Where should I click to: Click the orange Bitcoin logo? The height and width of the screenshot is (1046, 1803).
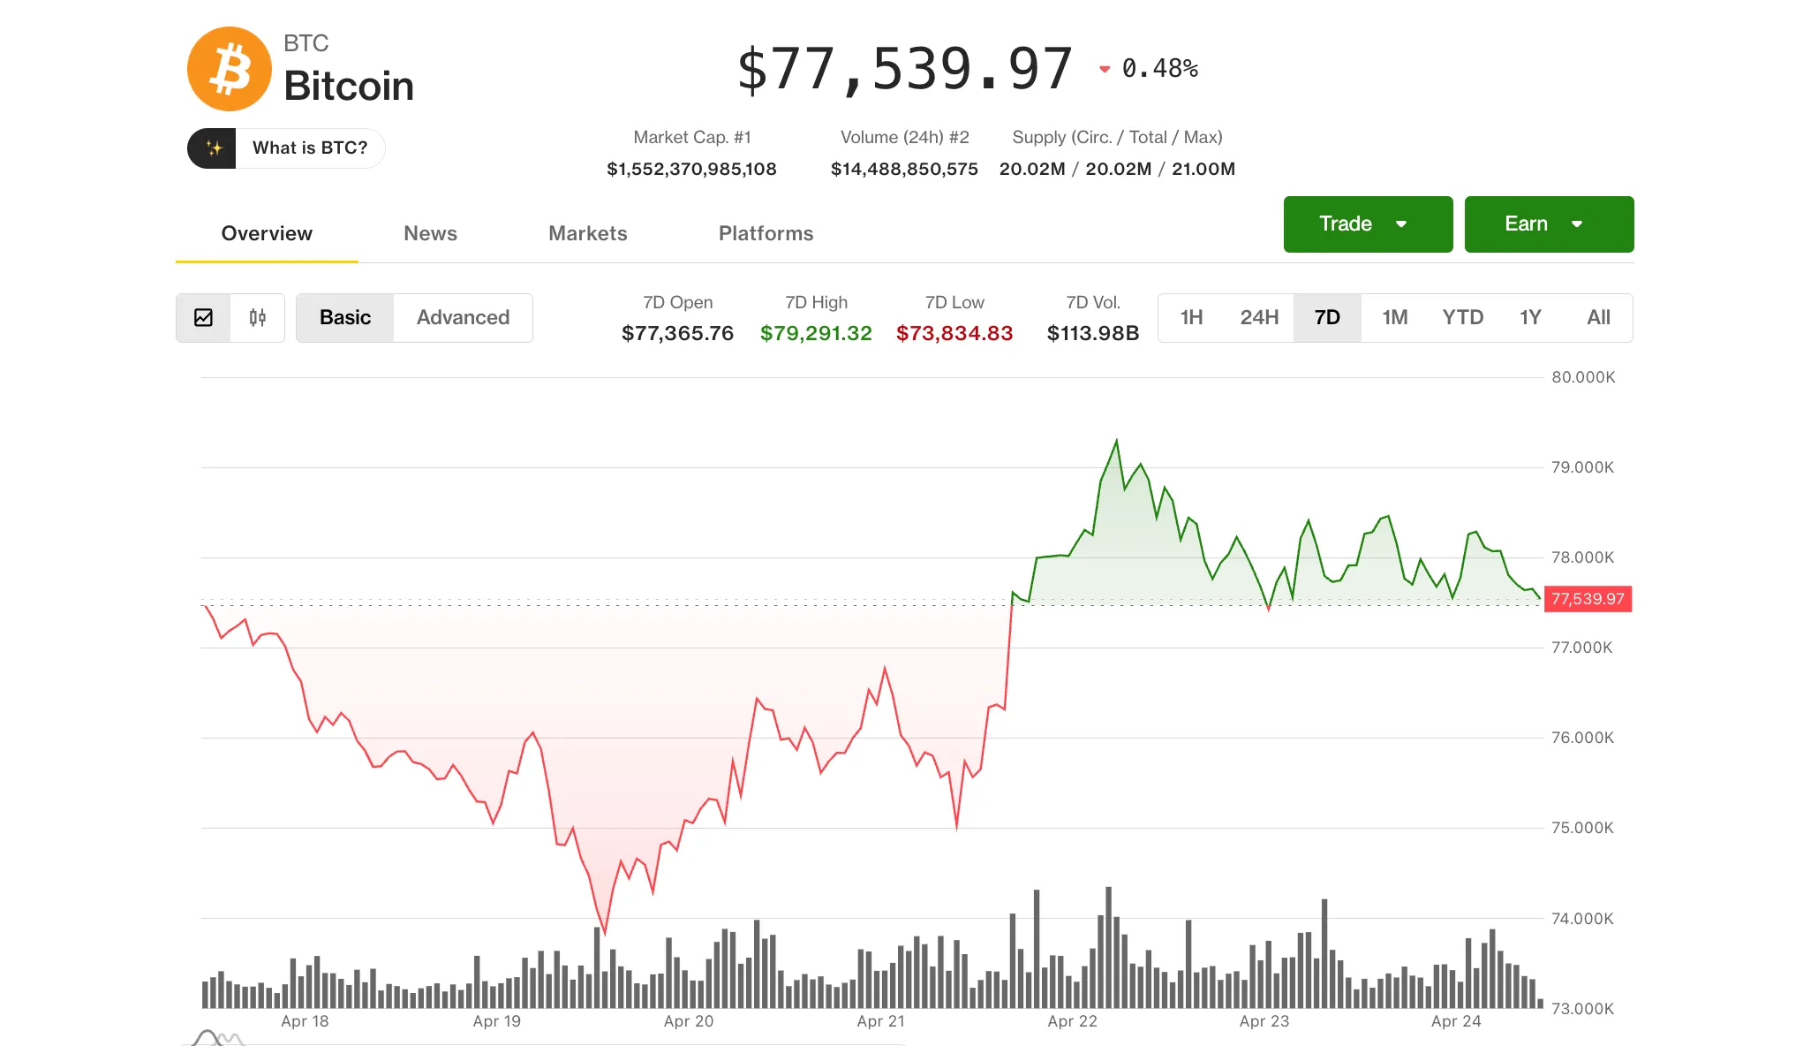point(229,69)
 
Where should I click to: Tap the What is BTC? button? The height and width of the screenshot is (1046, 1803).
point(286,148)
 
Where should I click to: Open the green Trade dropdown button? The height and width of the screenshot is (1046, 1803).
point(1367,224)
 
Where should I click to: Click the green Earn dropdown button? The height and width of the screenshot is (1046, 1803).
point(1548,224)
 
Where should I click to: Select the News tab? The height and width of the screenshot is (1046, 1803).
point(430,233)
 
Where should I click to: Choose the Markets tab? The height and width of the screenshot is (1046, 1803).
point(587,233)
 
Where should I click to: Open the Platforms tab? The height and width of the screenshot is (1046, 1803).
point(766,233)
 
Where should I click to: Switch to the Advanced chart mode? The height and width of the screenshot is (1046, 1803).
point(463,318)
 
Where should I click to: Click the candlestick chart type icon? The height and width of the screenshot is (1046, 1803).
point(257,318)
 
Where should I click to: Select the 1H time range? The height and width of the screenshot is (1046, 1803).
point(1191,318)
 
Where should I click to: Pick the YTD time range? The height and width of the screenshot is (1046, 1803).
point(1462,318)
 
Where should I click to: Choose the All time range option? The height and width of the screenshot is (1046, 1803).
point(1598,318)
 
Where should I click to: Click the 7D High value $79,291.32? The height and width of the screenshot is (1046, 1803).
point(816,334)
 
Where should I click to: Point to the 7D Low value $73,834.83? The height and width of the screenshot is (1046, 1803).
point(954,334)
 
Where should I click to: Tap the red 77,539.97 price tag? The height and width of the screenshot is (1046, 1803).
point(1587,599)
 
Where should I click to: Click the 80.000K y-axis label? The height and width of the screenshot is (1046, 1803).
point(1583,377)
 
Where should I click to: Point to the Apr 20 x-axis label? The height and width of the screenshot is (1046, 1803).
point(688,1021)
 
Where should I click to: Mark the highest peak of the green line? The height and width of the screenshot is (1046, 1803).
point(1117,441)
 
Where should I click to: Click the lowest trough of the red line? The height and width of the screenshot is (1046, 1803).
point(605,931)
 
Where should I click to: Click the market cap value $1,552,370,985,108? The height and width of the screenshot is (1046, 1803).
point(691,170)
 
